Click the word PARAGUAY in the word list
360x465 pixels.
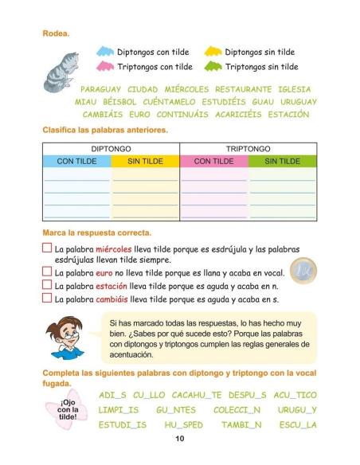(101, 89)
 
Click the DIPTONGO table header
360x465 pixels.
(111, 149)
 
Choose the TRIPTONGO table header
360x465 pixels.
(248, 149)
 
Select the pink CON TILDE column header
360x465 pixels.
(213, 161)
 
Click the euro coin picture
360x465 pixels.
(303, 271)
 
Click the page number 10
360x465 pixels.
(180, 439)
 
